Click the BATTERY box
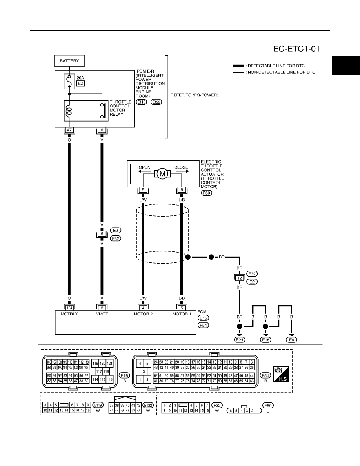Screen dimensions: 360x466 [x=69, y=61]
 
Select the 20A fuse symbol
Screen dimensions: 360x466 [x=69, y=81]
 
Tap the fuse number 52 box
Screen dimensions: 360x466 [x=80, y=84]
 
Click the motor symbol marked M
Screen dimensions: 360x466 [x=162, y=173]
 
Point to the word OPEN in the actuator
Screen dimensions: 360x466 [x=145, y=167]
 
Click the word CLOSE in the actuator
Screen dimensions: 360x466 [x=181, y=167]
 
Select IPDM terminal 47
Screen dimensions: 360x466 [x=69, y=130]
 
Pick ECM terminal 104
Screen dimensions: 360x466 [x=69, y=308]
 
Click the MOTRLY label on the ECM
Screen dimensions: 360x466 [x=69, y=314]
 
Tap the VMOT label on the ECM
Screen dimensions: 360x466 [x=102, y=314]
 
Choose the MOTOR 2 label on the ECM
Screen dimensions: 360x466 [x=143, y=314]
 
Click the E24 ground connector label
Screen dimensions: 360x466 [x=239, y=340]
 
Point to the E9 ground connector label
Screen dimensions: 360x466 [x=291, y=340]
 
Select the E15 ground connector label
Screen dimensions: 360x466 [x=265, y=340]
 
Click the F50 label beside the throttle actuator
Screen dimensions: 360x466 [x=206, y=193]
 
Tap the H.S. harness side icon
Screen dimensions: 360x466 [x=281, y=374]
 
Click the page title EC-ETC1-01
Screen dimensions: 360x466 [x=296, y=49]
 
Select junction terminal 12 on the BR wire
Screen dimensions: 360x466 [x=239, y=278]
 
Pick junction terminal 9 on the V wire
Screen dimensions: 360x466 [x=102, y=234]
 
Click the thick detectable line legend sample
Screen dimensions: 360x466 [x=238, y=66]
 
